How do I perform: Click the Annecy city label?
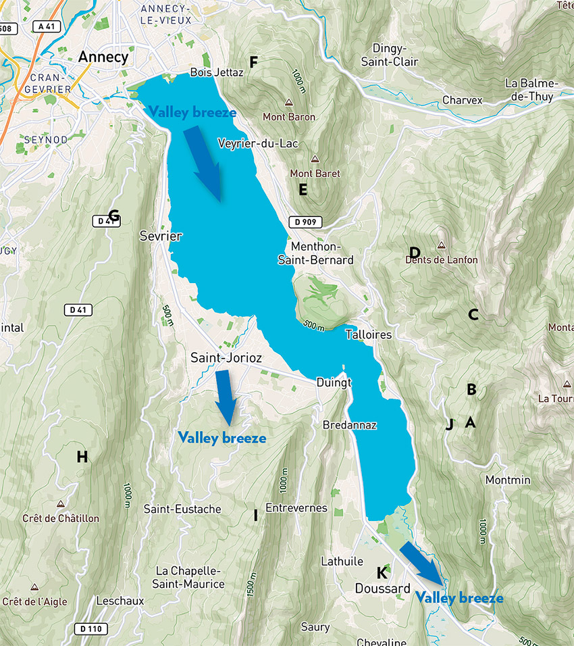(103, 57)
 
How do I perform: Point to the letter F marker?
(254, 63)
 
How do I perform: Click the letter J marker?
(449, 424)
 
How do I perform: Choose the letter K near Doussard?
(382, 572)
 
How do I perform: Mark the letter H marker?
(82, 457)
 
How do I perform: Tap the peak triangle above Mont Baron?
(289, 103)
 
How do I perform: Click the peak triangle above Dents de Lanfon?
(442, 245)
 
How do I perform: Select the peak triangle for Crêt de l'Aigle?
(34, 587)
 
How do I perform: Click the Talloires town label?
(368, 334)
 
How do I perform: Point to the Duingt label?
(332, 382)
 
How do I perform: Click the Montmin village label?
(508, 480)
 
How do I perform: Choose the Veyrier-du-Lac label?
(258, 143)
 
